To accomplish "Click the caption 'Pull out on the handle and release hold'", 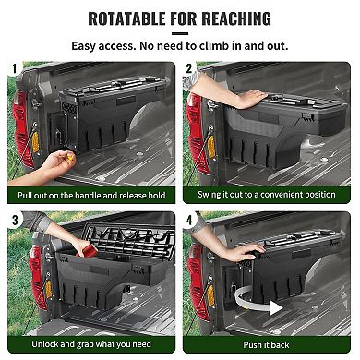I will click(90, 195).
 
